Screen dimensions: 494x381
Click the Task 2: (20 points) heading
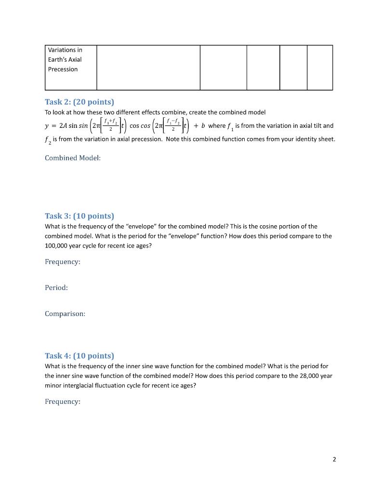click(x=79, y=102)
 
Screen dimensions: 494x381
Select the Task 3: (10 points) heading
click(x=79, y=216)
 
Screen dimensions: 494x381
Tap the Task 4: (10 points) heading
click(x=79, y=356)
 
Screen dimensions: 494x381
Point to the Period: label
click(x=56, y=288)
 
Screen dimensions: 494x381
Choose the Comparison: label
click(x=65, y=314)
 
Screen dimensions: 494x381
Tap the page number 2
click(x=334, y=459)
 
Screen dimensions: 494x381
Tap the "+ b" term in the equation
click(x=200, y=126)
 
